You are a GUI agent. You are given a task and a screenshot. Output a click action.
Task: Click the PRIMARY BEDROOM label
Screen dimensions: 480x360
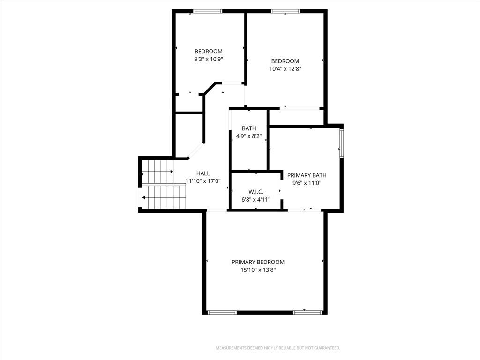point(258,262)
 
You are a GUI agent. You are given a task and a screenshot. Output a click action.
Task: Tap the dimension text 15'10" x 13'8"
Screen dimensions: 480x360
point(258,270)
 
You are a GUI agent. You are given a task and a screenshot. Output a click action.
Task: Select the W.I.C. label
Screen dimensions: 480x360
point(255,192)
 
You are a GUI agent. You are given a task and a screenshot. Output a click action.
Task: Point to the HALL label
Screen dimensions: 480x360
point(203,173)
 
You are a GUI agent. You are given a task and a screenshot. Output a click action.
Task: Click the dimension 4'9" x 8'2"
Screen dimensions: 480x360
point(249,136)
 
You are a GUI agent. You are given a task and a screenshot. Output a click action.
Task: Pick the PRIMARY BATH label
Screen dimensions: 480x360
point(307,175)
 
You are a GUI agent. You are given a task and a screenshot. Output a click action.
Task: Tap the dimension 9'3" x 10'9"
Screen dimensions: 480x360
point(209,59)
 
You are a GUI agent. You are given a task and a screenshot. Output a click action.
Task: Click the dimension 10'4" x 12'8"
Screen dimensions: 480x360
point(285,69)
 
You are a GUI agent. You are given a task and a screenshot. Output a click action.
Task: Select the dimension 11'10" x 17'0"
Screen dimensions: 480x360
point(203,181)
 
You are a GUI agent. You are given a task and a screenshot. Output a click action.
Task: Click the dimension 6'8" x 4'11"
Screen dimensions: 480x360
point(255,200)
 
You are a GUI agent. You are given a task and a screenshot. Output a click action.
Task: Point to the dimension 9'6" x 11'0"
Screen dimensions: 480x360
point(307,183)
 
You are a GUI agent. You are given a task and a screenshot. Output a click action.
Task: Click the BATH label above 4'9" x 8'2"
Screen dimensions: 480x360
point(249,128)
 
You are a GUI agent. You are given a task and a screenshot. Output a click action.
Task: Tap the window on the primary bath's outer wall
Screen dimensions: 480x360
point(342,143)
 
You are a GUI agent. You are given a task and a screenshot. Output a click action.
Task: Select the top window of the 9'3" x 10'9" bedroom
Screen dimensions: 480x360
point(208,11)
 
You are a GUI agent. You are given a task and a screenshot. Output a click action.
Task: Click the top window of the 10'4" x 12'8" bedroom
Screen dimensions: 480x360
point(285,11)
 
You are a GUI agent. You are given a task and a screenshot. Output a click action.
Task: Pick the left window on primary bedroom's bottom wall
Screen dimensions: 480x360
point(222,312)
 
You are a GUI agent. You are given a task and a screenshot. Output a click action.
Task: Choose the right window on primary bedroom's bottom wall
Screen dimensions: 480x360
point(307,312)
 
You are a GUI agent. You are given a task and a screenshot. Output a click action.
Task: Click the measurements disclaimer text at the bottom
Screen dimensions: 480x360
point(278,348)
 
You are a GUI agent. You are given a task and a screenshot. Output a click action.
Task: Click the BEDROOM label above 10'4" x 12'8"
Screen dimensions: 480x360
point(285,61)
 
